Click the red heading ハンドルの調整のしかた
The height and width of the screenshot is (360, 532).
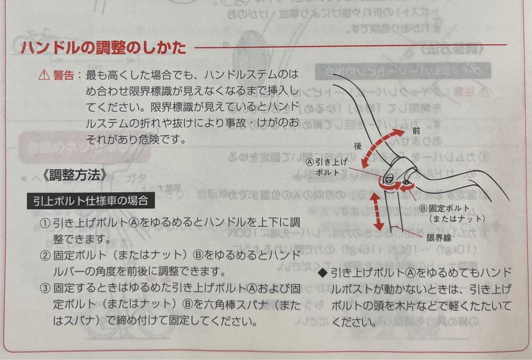coord(103,48)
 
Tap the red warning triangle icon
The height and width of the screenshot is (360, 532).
coord(44,75)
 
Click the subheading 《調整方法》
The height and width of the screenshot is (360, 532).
coord(74,175)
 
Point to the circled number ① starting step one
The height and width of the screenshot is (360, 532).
coord(45,223)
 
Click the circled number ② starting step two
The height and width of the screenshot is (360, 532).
coord(45,256)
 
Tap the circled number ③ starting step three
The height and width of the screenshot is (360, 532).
coord(45,288)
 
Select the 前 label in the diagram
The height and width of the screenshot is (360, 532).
coord(416,132)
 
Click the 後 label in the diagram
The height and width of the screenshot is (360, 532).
coord(358,146)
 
